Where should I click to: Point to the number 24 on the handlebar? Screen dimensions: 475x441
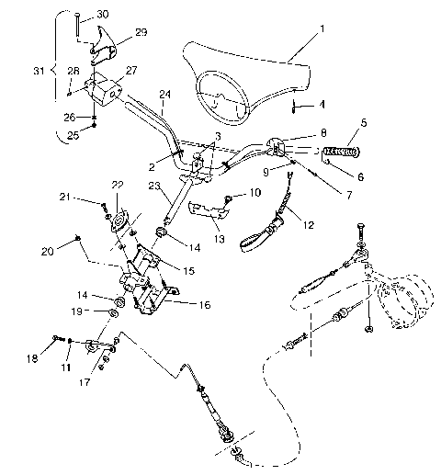coord(164,93)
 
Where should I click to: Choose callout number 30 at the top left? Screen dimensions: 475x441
coord(102,14)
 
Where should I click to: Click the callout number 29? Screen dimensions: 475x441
coord(141,31)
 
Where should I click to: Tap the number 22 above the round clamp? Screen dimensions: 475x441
coord(118,184)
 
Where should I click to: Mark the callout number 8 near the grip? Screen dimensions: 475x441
coord(323,133)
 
